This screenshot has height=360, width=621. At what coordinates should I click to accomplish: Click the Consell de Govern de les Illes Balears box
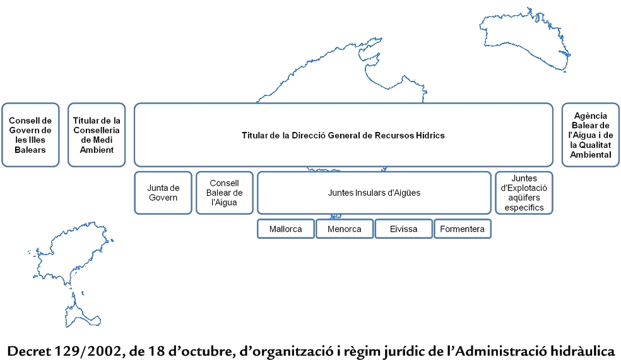(30, 135)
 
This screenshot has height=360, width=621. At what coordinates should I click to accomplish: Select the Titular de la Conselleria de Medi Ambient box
(97, 135)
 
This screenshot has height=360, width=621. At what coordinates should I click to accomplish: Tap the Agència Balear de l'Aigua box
(591, 135)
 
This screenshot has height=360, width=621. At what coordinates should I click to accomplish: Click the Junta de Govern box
(163, 193)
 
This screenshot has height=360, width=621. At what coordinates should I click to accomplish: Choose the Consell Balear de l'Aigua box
(225, 193)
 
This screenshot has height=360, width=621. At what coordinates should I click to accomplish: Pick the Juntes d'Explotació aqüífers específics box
(524, 193)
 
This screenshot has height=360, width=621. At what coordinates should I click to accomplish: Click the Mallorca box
(285, 229)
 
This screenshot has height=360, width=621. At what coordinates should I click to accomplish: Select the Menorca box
(345, 229)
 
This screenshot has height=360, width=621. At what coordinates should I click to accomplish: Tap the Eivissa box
(403, 229)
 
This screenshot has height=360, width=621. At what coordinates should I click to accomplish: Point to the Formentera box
(463, 229)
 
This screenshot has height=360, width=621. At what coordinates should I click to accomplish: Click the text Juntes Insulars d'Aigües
(374, 193)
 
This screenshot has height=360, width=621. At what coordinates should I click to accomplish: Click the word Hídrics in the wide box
(430, 136)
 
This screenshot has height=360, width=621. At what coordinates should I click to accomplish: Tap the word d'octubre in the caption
(201, 351)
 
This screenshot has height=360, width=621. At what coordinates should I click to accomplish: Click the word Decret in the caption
(29, 351)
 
